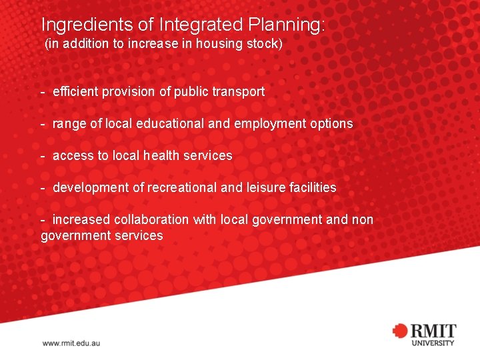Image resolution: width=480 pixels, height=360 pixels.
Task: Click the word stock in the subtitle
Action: (x=267, y=45)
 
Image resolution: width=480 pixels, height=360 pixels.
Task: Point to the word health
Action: (x=157, y=155)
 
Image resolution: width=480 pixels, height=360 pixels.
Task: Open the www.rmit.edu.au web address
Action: (x=71, y=343)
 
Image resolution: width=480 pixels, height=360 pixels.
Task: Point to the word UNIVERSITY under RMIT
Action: (x=433, y=343)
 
